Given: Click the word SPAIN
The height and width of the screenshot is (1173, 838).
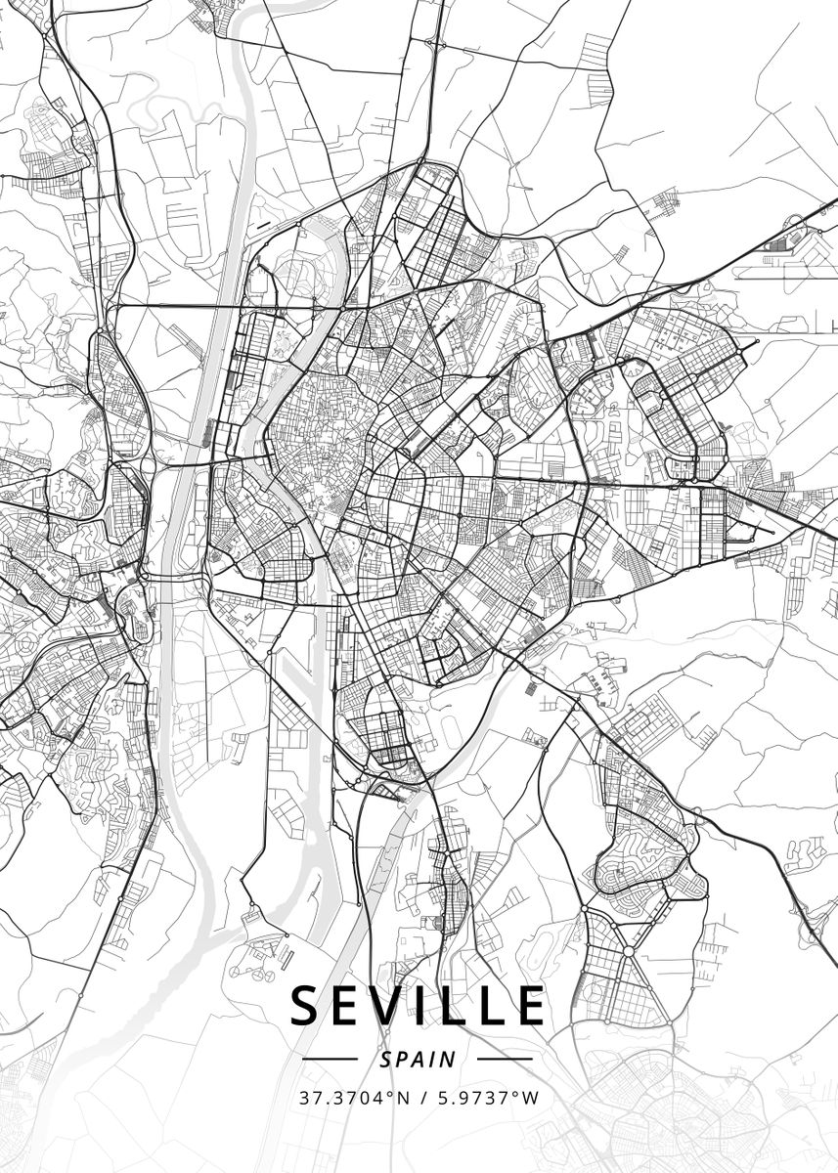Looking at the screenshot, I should [419, 1059].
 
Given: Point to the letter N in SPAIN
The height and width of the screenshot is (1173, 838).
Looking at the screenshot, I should [448, 1059].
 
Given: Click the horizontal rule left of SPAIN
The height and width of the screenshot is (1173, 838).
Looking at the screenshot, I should [331, 1059].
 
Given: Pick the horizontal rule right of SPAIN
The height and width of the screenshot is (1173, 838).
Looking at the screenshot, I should [505, 1059].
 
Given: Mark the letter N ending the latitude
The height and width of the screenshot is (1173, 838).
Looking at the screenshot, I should [404, 1097].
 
